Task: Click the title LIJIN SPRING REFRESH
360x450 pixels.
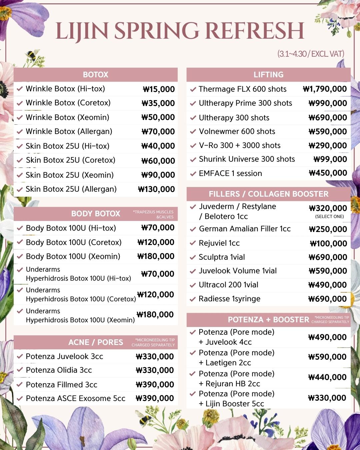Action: (180, 31)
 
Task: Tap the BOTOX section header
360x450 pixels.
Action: (95, 75)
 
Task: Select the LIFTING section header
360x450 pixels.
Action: (268, 75)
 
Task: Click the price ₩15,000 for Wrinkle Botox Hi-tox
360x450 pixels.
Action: (159, 89)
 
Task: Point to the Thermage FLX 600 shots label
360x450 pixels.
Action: (242, 89)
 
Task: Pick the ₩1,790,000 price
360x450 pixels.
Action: (325, 89)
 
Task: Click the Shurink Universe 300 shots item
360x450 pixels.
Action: (247, 159)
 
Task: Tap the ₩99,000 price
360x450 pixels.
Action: (330, 159)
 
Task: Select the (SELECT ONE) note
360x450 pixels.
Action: (329, 217)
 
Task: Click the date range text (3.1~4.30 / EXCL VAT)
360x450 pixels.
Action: (310, 54)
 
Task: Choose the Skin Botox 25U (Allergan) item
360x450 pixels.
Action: (71, 189)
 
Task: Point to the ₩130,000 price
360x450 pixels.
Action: (156, 189)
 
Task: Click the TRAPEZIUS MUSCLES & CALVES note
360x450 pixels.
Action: (153, 214)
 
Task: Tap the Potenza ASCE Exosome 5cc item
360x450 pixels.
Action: (75, 399)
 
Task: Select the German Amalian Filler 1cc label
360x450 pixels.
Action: (245, 229)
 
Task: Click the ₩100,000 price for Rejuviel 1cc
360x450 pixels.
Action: (328, 244)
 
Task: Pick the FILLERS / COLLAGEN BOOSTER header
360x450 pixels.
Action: (268, 194)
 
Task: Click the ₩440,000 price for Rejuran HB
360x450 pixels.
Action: (327, 377)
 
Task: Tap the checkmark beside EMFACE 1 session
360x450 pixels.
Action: (193, 174)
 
